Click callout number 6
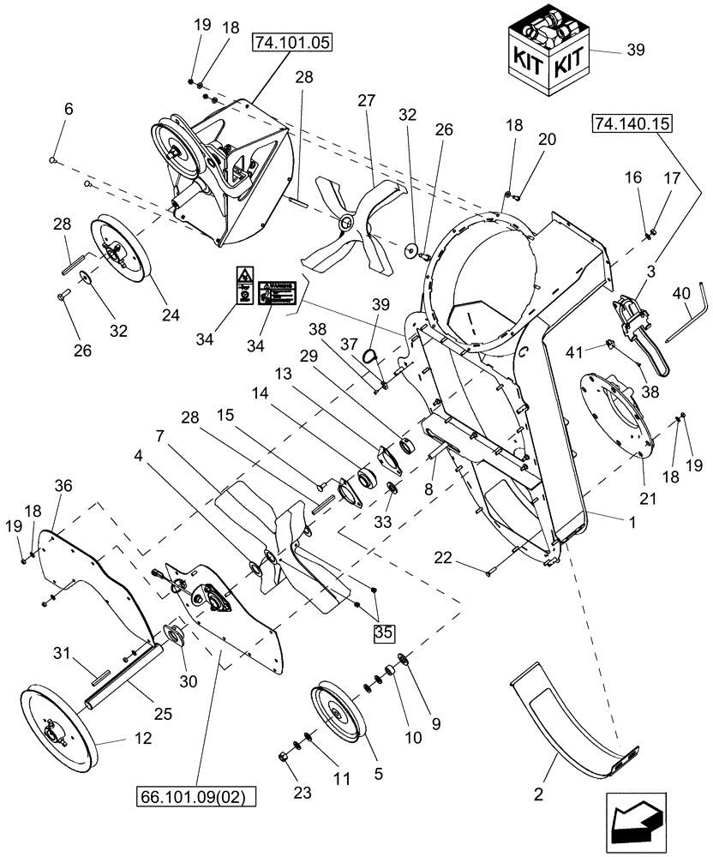[69, 110]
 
